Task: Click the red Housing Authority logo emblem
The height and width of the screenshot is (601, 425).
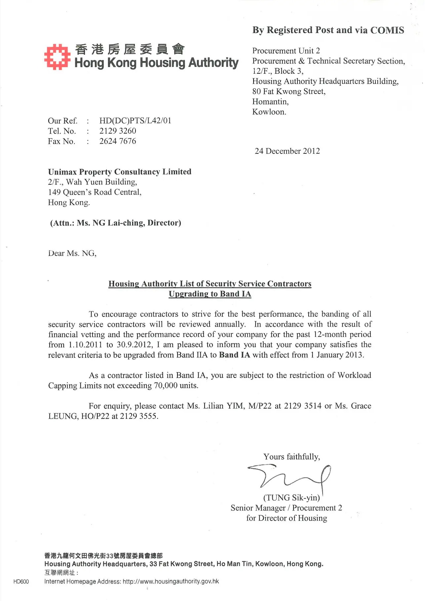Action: pyautogui.click(x=57, y=57)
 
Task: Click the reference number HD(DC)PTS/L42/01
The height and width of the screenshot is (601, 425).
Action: pyautogui.click(x=135, y=121)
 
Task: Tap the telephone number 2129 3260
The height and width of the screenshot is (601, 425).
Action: pyautogui.click(x=118, y=131)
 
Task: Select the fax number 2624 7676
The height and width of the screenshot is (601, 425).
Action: pyautogui.click(x=118, y=141)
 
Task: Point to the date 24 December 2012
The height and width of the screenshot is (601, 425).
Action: pyautogui.click(x=287, y=151)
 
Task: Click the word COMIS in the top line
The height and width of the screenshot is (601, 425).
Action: pyautogui.click(x=387, y=30)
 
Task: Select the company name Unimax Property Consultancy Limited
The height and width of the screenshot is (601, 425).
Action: pyautogui.click(x=120, y=172)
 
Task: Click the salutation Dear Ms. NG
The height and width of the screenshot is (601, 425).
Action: pyautogui.click(x=72, y=253)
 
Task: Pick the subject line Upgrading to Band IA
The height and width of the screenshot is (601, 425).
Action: pyautogui.click(x=210, y=294)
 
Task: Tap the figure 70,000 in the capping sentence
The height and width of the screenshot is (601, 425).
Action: pyautogui.click(x=165, y=385)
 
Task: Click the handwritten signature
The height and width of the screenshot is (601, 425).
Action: pyautogui.click(x=290, y=476)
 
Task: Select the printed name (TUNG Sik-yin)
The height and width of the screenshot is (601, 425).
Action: pyautogui.click(x=291, y=498)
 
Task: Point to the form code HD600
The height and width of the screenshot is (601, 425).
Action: pyautogui.click(x=21, y=581)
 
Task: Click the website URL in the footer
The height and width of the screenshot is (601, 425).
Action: pyautogui.click(x=171, y=581)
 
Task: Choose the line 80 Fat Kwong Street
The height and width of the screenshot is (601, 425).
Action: pyautogui.click(x=289, y=92)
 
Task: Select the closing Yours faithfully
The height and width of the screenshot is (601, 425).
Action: pyautogui.click(x=291, y=457)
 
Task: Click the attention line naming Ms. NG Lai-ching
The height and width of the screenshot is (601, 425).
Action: pyautogui.click(x=116, y=223)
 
